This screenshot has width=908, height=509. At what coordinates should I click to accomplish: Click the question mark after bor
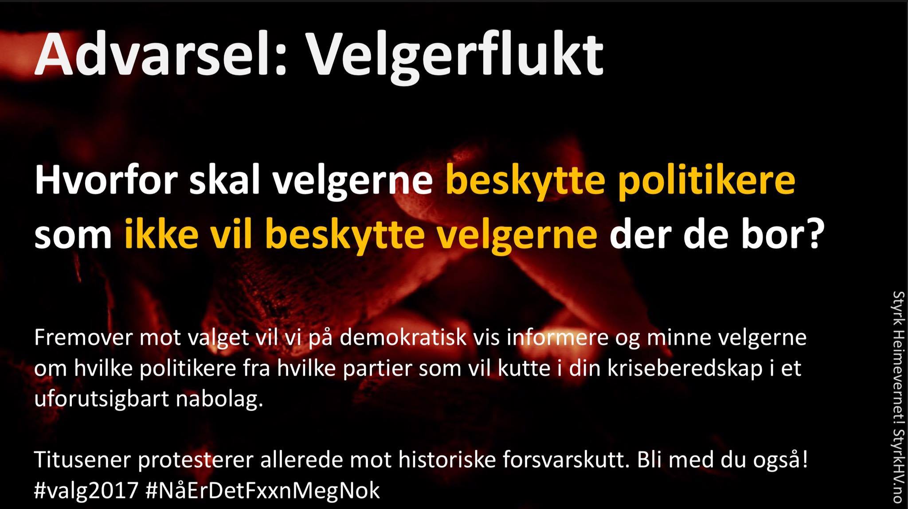click(810, 235)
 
